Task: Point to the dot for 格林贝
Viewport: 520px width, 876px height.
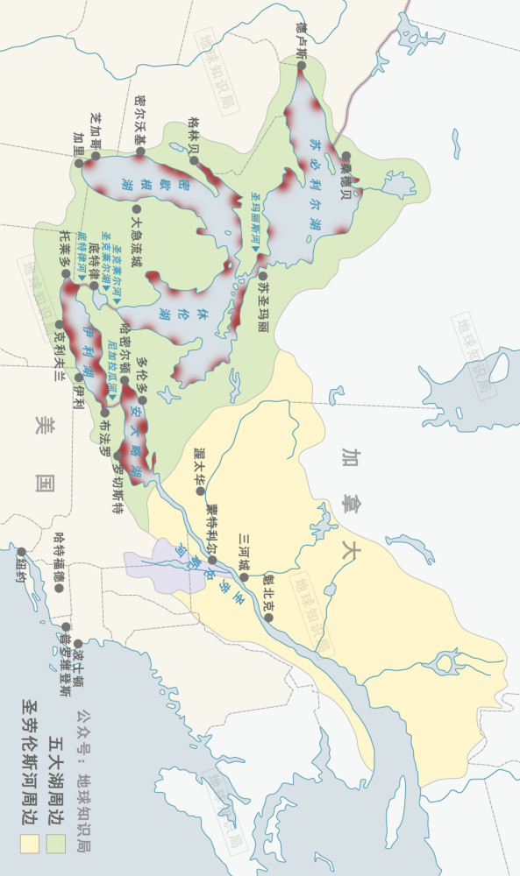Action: point(195,159)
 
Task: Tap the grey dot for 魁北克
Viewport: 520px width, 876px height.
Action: point(270,618)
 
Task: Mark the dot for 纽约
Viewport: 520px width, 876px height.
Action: point(19,551)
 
